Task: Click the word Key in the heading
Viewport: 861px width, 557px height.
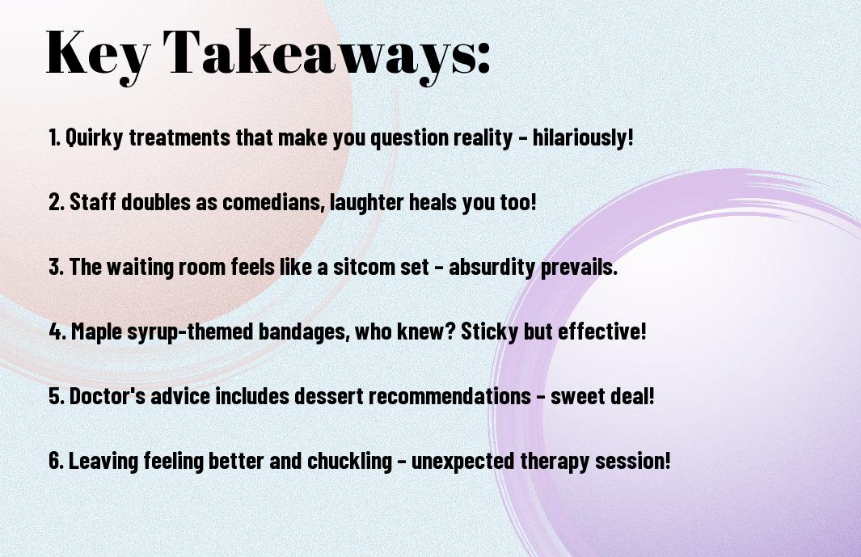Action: [98, 54]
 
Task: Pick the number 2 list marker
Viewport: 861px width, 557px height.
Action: [57, 202]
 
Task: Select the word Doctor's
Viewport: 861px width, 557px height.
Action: [107, 396]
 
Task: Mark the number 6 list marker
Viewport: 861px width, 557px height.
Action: [57, 461]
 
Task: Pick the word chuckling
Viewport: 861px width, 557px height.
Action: [349, 461]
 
